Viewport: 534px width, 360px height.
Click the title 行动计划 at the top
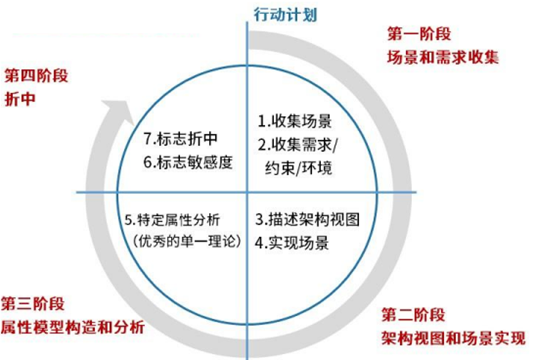click(x=280, y=13)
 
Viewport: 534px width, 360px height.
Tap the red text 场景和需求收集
click(x=443, y=58)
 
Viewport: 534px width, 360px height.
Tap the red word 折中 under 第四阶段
click(x=20, y=99)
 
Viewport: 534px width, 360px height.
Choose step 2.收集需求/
click(x=297, y=144)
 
